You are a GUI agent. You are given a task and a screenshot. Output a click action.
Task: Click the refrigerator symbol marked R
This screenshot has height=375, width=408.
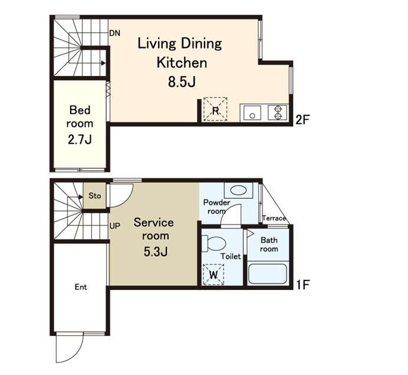tap(215, 109)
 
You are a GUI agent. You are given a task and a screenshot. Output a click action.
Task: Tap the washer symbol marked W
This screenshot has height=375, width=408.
tap(213, 274)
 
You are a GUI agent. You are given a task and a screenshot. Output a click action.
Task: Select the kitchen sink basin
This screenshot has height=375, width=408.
tap(252, 113)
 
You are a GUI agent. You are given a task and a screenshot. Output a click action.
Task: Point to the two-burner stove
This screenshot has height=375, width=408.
tap(278, 113)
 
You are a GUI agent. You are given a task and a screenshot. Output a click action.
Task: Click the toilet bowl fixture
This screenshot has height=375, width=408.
tap(214, 244)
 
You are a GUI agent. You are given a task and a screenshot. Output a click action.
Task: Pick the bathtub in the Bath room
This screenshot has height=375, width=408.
tap(268, 274)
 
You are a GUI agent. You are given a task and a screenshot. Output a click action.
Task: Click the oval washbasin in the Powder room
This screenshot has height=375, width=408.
tap(238, 190)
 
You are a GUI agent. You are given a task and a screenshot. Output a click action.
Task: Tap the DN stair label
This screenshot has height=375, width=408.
tap(115, 33)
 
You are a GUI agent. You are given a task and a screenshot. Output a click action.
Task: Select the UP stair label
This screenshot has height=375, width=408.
tap(115, 226)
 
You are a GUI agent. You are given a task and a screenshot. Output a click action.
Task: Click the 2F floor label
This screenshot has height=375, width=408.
tap(302, 120)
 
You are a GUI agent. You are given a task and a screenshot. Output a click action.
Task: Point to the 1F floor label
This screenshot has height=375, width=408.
tap(302, 285)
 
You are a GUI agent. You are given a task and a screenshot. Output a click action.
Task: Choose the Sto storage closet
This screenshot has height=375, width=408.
tap(94, 195)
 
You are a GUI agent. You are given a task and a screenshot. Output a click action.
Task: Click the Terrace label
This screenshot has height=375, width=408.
tap(274, 218)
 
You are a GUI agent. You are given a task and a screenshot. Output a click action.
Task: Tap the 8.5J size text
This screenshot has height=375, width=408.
tap(182, 82)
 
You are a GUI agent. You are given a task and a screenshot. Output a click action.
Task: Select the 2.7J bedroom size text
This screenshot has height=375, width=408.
tap(80, 140)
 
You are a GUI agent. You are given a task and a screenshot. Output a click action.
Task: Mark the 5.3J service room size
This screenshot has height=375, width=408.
tap(155, 252)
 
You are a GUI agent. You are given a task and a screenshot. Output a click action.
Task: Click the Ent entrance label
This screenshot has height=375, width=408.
tap(81, 287)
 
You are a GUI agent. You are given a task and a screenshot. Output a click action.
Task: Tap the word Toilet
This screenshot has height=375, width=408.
tap(231, 256)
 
